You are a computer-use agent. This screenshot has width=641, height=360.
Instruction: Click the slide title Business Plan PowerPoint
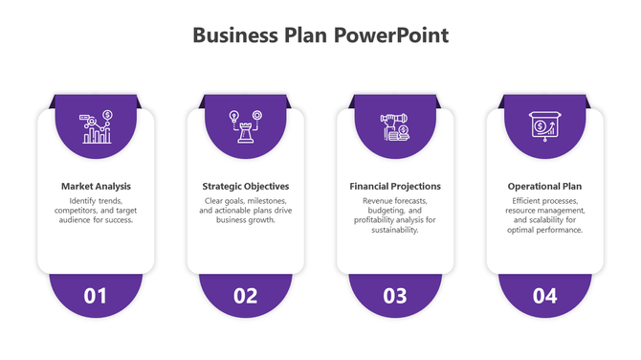320,36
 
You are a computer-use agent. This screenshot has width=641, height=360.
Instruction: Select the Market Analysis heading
96,186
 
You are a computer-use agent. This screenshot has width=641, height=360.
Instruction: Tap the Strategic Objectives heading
246,186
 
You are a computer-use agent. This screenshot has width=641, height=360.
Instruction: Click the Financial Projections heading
395,186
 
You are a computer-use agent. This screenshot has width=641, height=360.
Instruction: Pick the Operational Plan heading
544,186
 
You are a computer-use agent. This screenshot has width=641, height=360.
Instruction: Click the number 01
96,296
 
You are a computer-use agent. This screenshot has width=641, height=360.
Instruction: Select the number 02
246,296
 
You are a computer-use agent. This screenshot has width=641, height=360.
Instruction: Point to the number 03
395,296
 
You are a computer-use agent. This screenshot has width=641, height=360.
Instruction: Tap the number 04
544,296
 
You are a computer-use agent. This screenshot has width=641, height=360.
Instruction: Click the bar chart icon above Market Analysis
97,127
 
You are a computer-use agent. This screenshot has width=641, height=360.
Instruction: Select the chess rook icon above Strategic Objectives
246,127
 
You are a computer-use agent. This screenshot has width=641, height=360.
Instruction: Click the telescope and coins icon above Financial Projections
395,127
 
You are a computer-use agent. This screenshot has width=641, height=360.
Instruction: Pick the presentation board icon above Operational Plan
544,127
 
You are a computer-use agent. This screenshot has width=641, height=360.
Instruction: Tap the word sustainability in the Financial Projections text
395,230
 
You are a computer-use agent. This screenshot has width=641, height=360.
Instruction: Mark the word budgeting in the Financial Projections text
386,211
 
